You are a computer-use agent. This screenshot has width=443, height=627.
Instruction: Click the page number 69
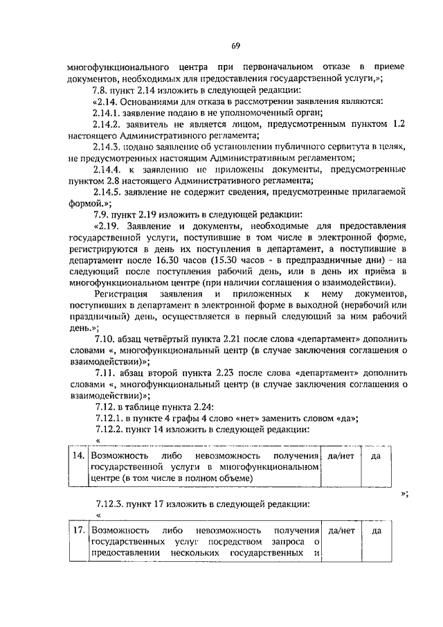coord(235,46)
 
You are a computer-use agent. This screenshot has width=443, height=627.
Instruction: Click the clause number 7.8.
coord(101,90)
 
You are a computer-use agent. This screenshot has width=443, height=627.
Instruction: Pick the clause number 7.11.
coord(103,372)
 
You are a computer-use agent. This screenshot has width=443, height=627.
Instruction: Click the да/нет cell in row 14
coord(341,456)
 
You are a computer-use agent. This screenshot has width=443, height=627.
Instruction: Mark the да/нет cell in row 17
coord(341,531)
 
